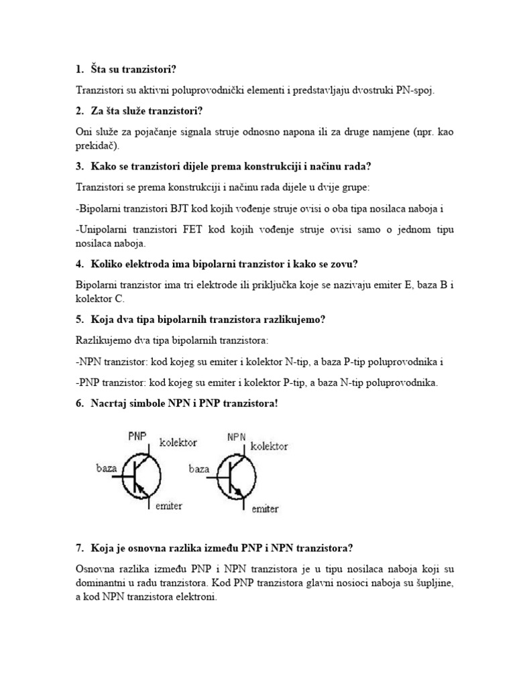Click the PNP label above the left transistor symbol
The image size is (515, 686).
(137, 436)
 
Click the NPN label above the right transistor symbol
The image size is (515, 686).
(236, 437)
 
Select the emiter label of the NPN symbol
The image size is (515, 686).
(265, 509)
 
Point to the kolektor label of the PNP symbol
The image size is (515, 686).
(178, 443)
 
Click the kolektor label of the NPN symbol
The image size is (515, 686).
(269, 445)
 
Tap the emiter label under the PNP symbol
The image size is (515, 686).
(168, 505)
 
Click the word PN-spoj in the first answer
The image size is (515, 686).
(416, 90)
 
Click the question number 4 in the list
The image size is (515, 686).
(80, 263)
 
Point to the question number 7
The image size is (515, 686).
(80, 548)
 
